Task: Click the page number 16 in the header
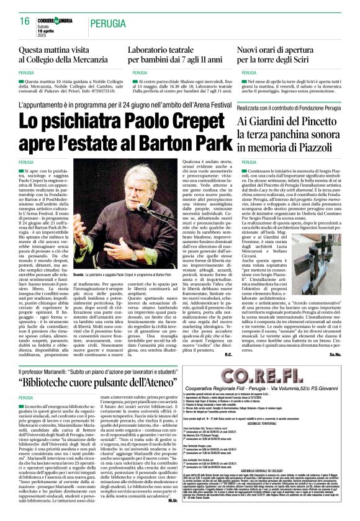(25, 22)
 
